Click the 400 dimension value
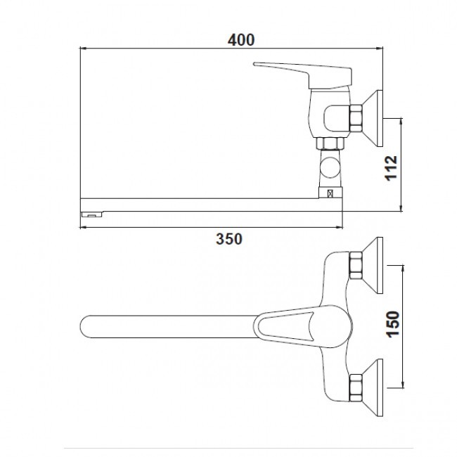(241, 40)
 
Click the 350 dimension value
(229, 239)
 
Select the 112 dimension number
(391, 168)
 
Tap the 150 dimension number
(393, 324)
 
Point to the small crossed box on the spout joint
(330, 193)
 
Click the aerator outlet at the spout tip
(91, 214)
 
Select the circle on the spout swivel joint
(330, 167)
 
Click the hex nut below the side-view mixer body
(330, 143)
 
